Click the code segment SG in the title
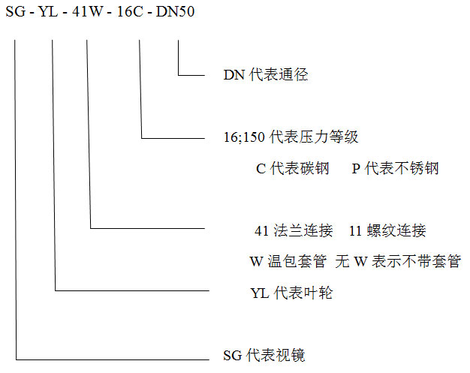coord(16,12)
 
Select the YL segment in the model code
coord(48,12)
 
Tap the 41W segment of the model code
coord(88,12)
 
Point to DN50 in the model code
coord(176,12)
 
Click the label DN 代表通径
coord(266,74)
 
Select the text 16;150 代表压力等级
coord(291,137)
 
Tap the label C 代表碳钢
coord(293,168)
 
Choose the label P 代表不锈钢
coord(395,168)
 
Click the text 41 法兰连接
coord(294,230)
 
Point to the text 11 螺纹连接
coord(387,230)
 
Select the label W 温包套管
coord(288,261)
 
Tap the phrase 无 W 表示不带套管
coord(398,261)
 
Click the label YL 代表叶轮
coord(291,293)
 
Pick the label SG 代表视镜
coord(264,355)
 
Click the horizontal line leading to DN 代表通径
coord(191,75)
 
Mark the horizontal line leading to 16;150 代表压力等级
coord(173,138)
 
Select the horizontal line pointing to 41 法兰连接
coord(148,229)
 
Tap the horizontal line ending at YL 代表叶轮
coord(132,290)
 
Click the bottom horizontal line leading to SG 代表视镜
coord(113,359)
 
